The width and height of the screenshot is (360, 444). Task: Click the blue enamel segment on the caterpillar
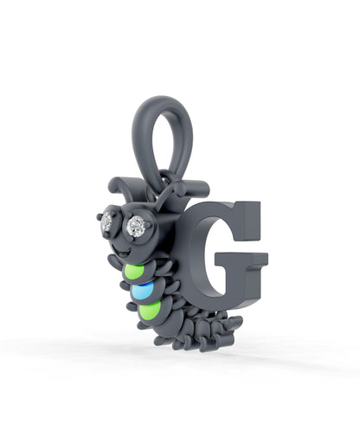click(142, 292)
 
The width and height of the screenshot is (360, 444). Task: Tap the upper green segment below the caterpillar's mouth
click(133, 272)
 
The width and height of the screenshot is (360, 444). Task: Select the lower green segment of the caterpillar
click(150, 311)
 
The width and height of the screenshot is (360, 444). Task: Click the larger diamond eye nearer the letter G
click(136, 226)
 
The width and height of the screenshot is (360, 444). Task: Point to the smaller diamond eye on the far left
click(107, 222)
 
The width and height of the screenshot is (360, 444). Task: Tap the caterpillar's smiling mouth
click(123, 252)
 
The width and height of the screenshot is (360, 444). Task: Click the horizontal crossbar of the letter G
click(241, 259)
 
